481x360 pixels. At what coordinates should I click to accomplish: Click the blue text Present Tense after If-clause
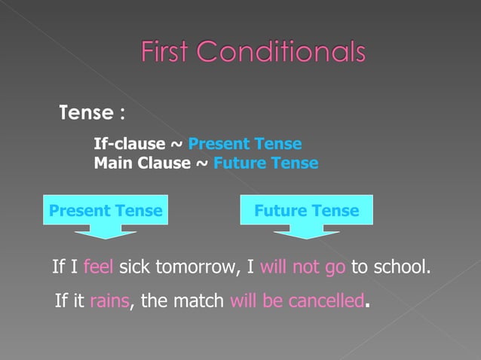point(245,144)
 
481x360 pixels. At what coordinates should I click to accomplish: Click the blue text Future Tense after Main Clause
point(266,163)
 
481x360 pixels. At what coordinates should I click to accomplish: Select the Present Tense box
point(106,211)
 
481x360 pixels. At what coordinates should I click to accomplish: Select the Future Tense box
point(307,211)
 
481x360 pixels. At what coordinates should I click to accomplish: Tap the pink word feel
point(99,266)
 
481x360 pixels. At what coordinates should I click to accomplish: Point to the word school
point(402,266)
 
